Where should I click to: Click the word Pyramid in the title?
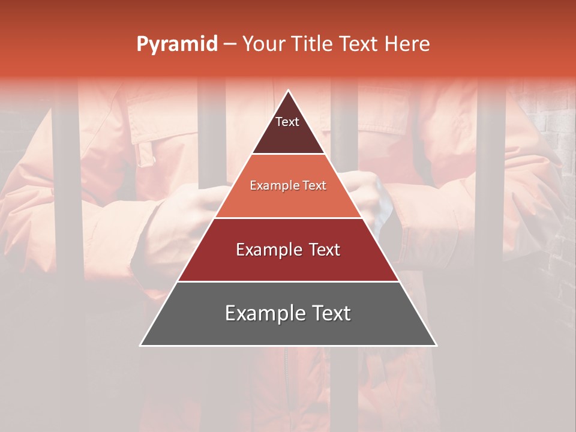coord(176,44)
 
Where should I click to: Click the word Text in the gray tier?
coord(328,313)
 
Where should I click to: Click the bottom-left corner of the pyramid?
coord(140,345)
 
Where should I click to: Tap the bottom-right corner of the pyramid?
coord(436,345)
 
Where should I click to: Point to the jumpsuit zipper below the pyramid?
coord(286,384)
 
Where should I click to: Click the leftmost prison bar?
coord(65,240)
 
